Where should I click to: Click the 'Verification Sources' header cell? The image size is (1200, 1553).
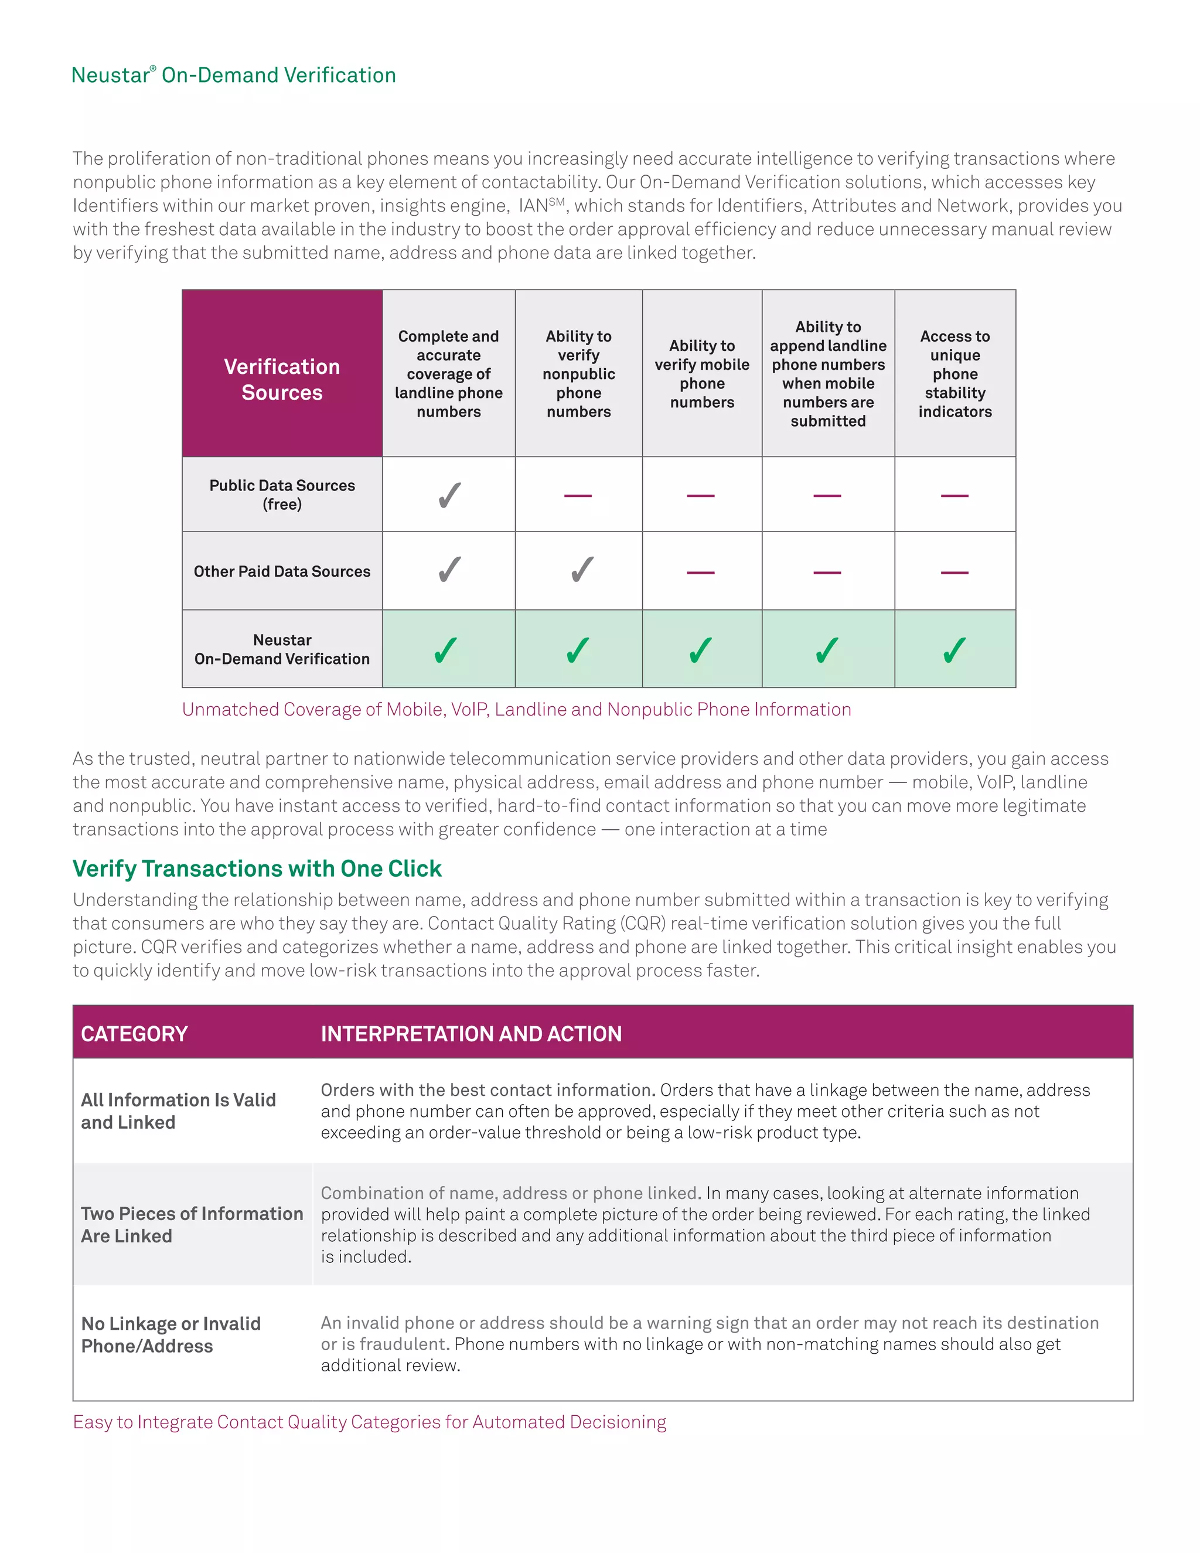(x=282, y=379)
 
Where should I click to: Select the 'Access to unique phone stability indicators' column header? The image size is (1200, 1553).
(x=954, y=373)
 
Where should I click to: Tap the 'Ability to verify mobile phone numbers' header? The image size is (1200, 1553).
(x=701, y=373)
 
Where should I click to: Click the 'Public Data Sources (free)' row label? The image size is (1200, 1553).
(x=282, y=494)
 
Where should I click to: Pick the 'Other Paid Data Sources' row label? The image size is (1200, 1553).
(x=282, y=571)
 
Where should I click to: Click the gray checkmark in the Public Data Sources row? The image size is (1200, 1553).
(x=449, y=495)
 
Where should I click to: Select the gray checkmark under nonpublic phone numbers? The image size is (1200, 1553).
(x=581, y=570)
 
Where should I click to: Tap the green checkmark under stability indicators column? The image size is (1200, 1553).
(x=954, y=649)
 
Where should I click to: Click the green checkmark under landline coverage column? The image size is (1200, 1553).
(x=446, y=649)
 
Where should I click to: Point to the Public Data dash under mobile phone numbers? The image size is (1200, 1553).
(x=701, y=495)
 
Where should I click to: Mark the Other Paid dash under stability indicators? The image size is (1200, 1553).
(x=954, y=572)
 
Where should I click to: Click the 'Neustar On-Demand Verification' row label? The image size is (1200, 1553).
(x=282, y=649)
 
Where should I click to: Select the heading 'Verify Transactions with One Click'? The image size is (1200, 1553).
(x=257, y=869)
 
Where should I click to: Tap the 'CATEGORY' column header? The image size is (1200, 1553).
(x=134, y=1033)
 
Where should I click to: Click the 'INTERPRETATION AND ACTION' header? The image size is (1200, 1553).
(x=471, y=1033)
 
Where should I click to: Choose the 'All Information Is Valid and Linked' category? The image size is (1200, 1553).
(x=178, y=1111)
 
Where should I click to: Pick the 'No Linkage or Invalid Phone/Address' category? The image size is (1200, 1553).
(x=171, y=1334)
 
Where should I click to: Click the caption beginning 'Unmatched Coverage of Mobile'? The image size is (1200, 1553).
(x=516, y=709)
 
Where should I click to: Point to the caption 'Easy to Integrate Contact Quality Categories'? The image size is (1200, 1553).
(x=369, y=1422)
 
